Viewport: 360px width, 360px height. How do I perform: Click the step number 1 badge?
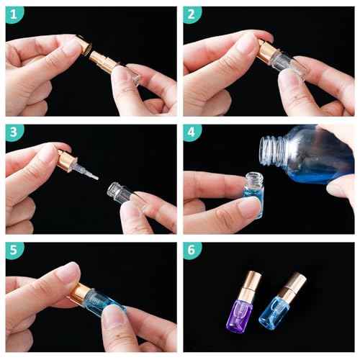14,14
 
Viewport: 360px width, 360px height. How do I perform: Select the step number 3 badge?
14,132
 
